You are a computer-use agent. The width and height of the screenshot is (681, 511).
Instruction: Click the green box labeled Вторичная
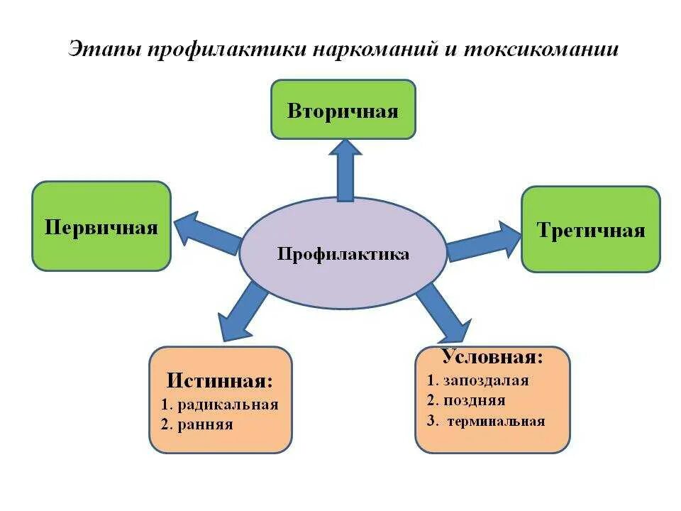343,109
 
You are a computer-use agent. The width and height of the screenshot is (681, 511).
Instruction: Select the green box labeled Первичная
101,226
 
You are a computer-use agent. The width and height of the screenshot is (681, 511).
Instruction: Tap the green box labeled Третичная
591,229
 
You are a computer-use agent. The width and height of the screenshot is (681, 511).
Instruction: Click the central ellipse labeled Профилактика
343,253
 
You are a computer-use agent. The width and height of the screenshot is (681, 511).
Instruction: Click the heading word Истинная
220,380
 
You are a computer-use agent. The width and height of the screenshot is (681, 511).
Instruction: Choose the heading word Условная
492,356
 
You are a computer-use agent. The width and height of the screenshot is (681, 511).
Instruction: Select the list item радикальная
228,405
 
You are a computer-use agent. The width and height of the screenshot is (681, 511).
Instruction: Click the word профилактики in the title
209,50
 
